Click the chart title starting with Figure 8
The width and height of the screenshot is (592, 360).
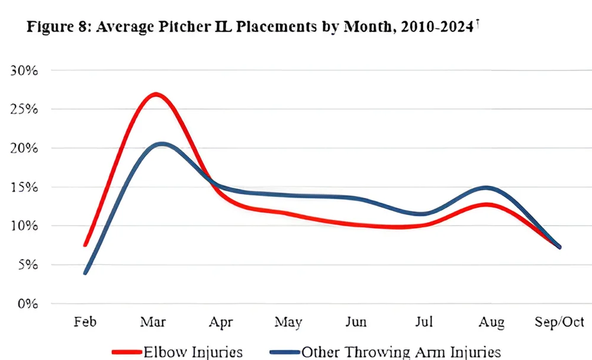coord(252,27)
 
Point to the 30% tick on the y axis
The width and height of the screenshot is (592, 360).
coord(24,70)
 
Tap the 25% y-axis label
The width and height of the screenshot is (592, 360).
coord(24,110)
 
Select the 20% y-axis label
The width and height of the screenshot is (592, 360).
coord(24,148)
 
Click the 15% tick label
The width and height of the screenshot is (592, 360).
coord(24,187)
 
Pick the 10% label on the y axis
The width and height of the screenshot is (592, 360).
coord(24,226)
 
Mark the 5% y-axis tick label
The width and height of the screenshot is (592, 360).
coord(27,265)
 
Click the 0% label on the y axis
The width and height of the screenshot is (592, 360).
coord(27,304)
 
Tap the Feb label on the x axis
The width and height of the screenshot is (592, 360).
coord(86,322)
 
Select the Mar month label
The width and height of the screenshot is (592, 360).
coord(153,322)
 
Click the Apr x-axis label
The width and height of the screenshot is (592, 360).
coord(221,323)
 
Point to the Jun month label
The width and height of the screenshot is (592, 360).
coord(356,322)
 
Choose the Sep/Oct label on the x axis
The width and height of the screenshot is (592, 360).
coord(559,323)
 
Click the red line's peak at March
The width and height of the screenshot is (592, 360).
coord(155,94)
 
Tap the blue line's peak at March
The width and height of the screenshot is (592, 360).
coord(160,144)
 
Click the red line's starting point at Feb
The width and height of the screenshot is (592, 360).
coord(86,245)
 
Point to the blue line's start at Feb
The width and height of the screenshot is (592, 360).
coord(86,273)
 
